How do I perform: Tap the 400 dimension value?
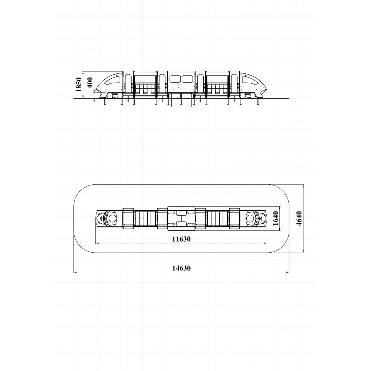click(91, 83)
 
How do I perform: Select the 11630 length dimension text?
click(181, 239)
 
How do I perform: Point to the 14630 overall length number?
click(181, 268)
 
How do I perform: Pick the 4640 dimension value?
click(299, 219)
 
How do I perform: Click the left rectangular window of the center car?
click(175, 79)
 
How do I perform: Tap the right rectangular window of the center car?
click(187, 79)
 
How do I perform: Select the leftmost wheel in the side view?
click(110, 96)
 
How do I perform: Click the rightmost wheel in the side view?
click(252, 96)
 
